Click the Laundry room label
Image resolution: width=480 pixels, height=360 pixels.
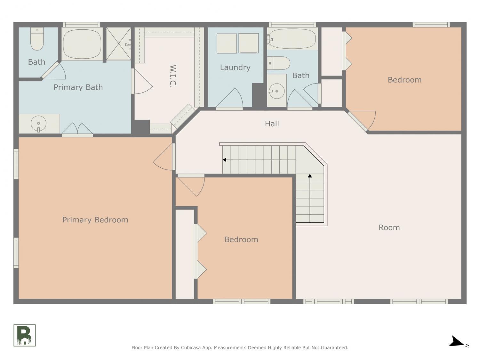235,68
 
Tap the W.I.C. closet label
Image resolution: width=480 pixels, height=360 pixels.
173,76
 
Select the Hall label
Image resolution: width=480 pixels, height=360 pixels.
272,124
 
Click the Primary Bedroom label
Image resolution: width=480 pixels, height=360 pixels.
95,220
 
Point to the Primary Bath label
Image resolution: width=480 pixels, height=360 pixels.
78,87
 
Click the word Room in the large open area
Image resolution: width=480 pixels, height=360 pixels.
389,228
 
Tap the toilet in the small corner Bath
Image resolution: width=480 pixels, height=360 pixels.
37,39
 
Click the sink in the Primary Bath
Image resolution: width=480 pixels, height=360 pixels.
38,124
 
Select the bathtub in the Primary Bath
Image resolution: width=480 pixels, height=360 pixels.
82,44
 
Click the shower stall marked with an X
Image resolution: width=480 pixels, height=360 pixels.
118,44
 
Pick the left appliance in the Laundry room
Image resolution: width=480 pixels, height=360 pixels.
227,43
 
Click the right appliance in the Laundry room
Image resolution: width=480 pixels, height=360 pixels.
248,43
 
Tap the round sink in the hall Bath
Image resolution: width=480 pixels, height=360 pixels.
276,91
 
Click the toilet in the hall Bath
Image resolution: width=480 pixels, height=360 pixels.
279,63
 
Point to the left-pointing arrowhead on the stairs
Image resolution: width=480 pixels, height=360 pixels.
224,160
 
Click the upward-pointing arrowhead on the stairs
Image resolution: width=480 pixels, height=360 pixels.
310,175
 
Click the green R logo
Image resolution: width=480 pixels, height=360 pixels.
25,335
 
